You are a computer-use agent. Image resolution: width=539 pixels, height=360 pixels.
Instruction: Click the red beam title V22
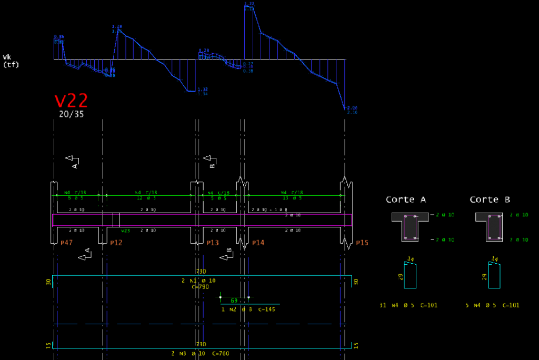coord(71,101)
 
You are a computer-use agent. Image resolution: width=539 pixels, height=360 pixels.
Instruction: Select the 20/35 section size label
coord(71,114)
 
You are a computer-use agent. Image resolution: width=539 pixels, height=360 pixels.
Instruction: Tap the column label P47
coord(66,243)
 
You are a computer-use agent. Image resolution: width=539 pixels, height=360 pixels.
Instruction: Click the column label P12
coord(116,243)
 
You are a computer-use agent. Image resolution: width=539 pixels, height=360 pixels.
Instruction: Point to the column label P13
coord(213,243)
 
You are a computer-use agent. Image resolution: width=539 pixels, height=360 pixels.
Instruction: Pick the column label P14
coord(258,243)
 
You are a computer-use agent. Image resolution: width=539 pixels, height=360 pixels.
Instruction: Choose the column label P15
coord(362,243)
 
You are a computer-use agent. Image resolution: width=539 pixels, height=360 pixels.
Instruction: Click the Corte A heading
coord(405,199)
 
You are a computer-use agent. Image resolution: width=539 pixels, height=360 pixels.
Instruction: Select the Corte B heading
coord(490,199)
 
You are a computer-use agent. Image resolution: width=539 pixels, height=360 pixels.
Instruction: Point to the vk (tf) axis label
coord(11,61)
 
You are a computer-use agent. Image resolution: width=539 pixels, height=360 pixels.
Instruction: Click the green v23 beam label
coord(125,231)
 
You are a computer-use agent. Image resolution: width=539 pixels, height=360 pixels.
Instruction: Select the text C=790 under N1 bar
coord(201,287)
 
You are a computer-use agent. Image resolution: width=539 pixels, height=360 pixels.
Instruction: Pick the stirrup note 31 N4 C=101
coord(408,305)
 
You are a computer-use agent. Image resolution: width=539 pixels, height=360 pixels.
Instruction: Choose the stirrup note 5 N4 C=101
coord(492,305)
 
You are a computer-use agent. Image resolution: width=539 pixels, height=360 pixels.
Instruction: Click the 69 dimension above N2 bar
coord(234,301)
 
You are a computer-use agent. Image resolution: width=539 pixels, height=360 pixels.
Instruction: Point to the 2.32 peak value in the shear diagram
coord(249,4)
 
